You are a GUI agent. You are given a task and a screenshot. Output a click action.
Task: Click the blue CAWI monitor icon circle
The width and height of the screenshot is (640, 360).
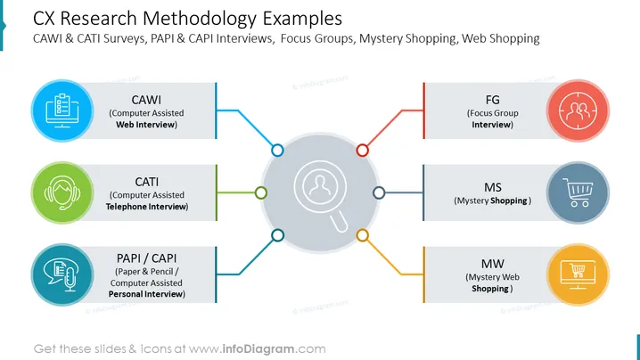[62, 110]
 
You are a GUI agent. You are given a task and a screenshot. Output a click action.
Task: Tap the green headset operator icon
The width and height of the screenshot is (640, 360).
[62, 192]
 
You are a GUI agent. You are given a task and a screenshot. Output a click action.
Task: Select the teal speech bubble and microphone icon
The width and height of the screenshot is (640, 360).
[62, 274]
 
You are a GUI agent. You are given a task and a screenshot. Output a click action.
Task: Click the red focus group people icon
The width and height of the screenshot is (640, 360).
[578, 110]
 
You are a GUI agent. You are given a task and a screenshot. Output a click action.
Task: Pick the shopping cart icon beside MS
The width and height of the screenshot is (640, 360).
[578, 192]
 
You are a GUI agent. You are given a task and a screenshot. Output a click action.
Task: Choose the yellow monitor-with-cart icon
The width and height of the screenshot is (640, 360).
[578, 274]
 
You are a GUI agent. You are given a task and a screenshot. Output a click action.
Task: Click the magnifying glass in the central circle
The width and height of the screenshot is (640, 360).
[321, 195]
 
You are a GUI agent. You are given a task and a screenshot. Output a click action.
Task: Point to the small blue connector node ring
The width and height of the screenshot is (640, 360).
[277, 151]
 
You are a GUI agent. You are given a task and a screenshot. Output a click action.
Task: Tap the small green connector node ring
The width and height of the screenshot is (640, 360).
[261, 192]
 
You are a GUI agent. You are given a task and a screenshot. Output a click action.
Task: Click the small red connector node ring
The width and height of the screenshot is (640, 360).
[363, 151]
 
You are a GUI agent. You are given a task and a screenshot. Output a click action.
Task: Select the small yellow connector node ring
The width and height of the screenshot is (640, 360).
[363, 235]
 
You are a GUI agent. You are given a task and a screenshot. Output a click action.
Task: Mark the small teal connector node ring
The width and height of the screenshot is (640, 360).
[277, 235]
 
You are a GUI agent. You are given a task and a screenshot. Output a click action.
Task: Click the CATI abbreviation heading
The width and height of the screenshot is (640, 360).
[146, 182]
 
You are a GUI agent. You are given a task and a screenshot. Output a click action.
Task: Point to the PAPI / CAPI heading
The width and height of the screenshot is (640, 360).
[146, 258]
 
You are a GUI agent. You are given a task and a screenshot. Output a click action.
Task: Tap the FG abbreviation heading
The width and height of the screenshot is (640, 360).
[492, 100]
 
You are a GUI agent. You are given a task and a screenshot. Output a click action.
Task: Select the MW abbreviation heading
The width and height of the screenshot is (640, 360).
[493, 264]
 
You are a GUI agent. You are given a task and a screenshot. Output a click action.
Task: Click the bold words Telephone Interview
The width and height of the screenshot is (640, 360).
[146, 207]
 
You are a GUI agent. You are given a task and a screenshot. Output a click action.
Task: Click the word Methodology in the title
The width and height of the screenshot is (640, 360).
[200, 19]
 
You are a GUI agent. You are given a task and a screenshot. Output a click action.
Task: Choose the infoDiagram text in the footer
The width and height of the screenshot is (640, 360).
[258, 349]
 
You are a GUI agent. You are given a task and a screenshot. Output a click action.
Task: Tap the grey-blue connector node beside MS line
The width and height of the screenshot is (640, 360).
[379, 192]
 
